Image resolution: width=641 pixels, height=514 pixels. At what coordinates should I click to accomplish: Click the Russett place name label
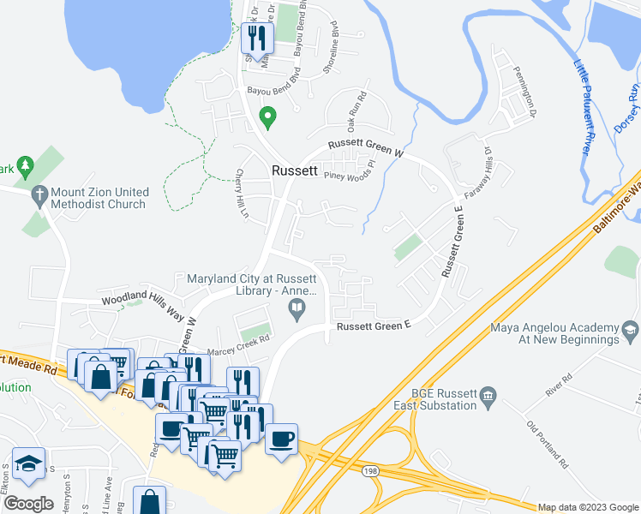[296, 170]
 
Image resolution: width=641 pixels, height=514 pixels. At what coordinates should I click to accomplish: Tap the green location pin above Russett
[267, 117]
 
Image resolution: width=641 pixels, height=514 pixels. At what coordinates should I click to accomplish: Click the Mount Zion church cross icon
[39, 196]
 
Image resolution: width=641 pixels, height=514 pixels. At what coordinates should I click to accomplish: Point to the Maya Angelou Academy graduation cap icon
[630, 330]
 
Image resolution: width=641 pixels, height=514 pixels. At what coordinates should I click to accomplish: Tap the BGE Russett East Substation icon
[488, 396]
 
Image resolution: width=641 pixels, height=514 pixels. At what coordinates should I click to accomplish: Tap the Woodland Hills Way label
[143, 305]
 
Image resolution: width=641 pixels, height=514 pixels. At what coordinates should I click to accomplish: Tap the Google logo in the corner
[29, 504]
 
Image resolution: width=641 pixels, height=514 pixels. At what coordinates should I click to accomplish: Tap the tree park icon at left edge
[25, 164]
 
